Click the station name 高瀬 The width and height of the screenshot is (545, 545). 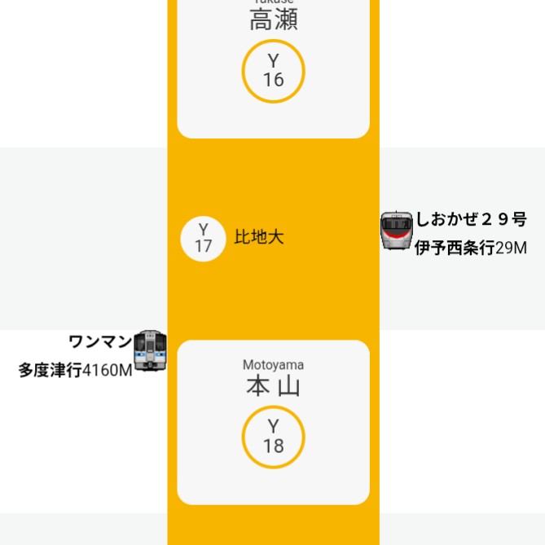(x=273, y=20)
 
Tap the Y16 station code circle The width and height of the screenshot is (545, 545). (x=273, y=72)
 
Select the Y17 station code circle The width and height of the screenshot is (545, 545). (x=203, y=238)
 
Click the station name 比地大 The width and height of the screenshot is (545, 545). (x=259, y=238)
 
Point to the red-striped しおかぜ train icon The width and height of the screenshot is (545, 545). (x=397, y=230)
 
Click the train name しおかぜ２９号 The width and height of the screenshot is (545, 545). (x=472, y=219)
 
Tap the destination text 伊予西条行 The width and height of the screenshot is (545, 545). (x=455, y=248)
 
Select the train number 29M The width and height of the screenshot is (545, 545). (x=512, y=248)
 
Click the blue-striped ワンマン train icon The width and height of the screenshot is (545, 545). (x=150, y=352)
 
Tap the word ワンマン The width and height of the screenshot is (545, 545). (x=100, y=341)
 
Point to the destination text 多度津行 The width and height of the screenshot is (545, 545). (x=51, y=371)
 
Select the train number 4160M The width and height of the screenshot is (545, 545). (x=108, y=371)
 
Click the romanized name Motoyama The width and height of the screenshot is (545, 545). (x=273, y=365)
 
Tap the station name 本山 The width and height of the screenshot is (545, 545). (x=273, y=386)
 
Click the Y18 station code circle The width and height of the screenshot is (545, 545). (x=273, y=437)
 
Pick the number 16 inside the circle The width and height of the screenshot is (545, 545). (x=273, y=81)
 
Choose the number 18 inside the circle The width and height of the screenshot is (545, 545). (x=273, y=446)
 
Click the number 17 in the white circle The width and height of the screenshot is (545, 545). (x=203, y=246)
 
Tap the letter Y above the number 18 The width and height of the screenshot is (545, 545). (x=273, y=427)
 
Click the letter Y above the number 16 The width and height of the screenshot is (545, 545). (x=273, y=61)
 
